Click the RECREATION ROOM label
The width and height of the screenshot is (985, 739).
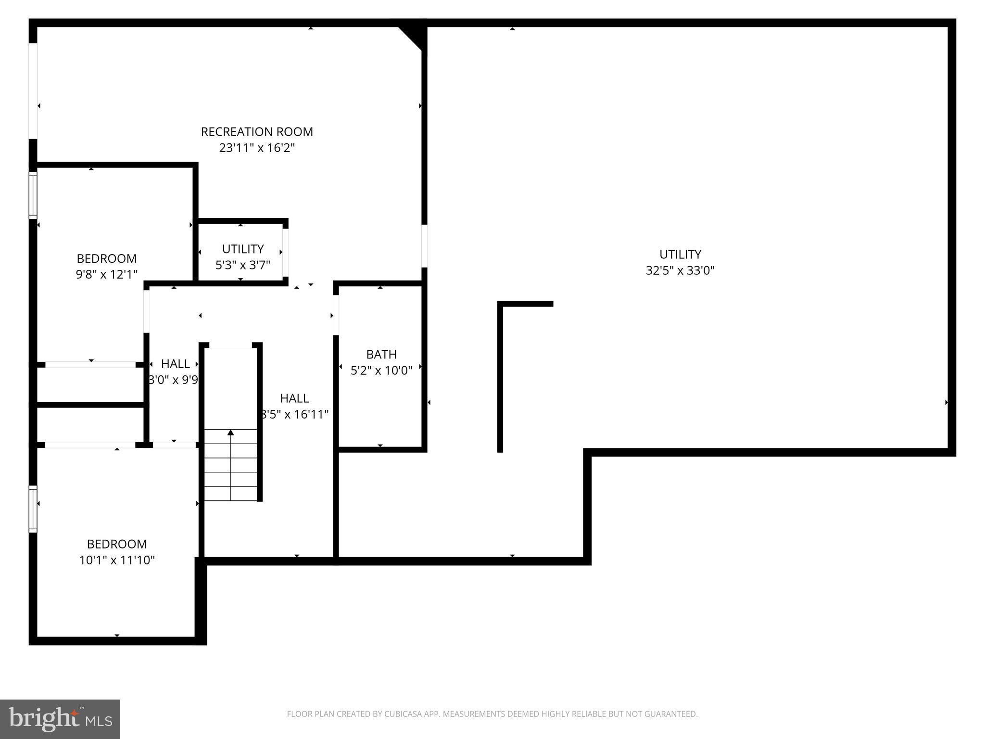pyautogui.click(x=257, y=132)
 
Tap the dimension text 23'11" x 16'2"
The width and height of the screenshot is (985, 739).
pyautogui.click(x=257, y=148)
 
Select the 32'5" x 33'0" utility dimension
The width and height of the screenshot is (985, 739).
pyautogui.click(x=680, y=270)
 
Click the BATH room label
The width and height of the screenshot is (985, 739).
pyautogui.click(x=381, y=355)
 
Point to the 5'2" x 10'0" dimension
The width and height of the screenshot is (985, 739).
pyautogui.click(x=381, y=370)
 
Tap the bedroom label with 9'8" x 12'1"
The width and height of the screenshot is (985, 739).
pyautogui.click(x=107, y=259)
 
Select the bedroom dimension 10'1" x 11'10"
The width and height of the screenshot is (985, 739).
pyautogui.click(x=117, y=560)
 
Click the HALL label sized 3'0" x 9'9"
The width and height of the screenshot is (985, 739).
pyautogui.click(x=175, y=364)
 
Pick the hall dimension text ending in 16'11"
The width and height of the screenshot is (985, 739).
pyautogui.click(x=294, y=414)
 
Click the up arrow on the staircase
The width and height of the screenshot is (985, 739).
pyautogui.click(x=231, y=433)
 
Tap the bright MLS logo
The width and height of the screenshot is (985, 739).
pyautogui.click(x=60, y=719)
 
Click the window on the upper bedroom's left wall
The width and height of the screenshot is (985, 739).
pyautogui.click(x=33, y=195)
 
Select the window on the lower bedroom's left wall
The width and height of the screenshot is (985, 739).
pyautogui.click(x=33, y=509)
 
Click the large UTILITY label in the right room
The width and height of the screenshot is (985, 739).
pyautogui.click(x=680, y=255)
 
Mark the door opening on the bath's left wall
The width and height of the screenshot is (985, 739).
pyautogui.click(x=336, y=315)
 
